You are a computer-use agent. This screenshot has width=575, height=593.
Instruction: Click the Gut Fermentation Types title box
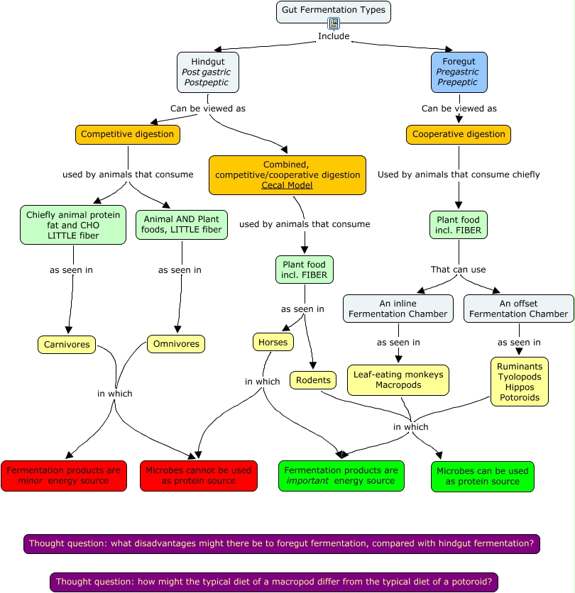(x=333, y=10)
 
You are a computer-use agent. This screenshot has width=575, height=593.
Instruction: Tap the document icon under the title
(x=334, y=23)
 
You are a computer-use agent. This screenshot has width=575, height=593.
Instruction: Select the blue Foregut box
(x=459, y=72)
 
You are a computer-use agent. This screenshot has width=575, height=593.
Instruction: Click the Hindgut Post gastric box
(x=207, y=72)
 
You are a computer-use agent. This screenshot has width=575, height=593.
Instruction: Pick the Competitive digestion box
(x=127, y=134)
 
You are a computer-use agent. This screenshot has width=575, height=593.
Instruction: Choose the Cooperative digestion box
(x=459, y=134)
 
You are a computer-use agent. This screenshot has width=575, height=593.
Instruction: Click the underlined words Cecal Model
(x=287, y=185)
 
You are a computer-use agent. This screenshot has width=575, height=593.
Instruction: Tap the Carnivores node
(x=67, y=345)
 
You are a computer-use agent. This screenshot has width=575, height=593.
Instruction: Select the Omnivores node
(x=176, y=345)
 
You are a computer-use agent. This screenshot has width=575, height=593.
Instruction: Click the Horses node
(x=273, y=342)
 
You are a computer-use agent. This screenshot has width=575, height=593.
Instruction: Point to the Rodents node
(x=313, y=380)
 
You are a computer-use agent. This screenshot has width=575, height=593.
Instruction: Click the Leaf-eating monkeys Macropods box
(x=398, y=380)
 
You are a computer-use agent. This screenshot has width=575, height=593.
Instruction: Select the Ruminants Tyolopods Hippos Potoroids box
(x=519, y=382)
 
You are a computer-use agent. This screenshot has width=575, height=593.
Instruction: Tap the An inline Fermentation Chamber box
(x=398, y=309)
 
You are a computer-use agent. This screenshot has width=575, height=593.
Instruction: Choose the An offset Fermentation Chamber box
(x=518, y=309)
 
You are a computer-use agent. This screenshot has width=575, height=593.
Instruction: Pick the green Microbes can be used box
(x=482, y=477)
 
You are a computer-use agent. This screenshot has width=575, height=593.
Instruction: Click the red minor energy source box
(x=65, y=476)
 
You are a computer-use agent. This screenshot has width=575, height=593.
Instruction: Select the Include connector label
(x=334, y=36)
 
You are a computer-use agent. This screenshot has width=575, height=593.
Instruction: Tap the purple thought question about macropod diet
(x=274, y=582)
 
